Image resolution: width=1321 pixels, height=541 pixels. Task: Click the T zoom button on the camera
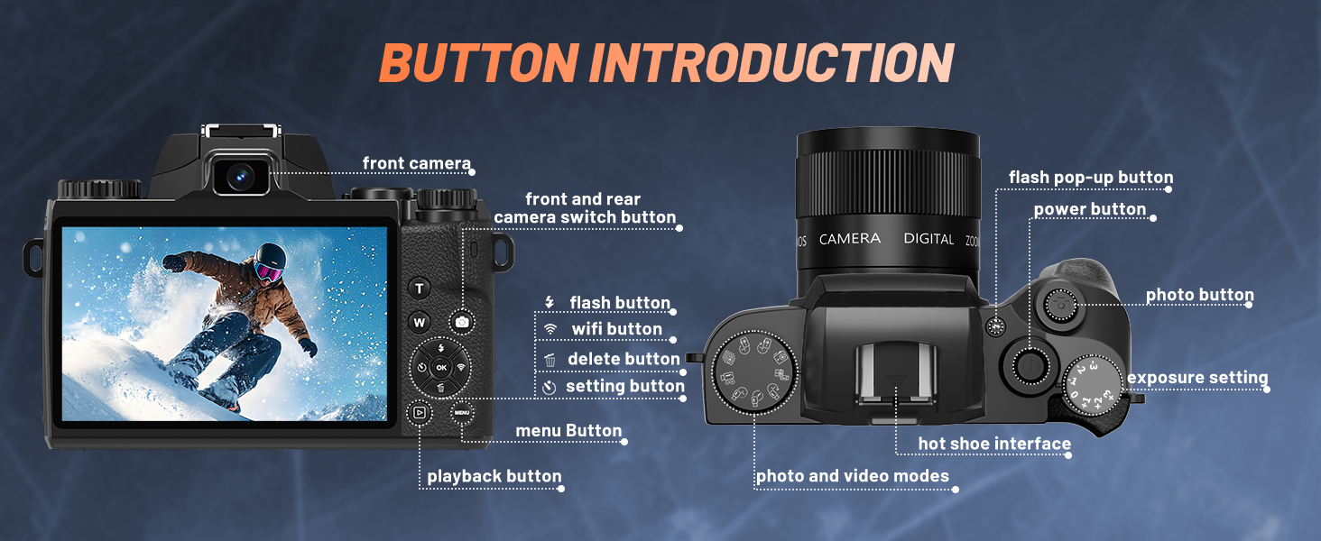pos(420,289)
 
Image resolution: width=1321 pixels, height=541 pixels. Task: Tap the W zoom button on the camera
pos(420,322)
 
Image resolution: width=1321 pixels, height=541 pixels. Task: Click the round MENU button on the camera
pos(462,413)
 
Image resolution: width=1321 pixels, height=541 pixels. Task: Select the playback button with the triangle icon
pos(419,413)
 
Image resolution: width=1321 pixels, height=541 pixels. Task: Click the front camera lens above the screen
pos(239,176)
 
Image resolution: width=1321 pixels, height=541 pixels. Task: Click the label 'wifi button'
pos(616,329)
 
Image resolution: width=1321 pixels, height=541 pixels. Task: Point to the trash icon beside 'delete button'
pos(550,360)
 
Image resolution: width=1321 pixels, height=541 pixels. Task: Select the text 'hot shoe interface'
pos(994,444)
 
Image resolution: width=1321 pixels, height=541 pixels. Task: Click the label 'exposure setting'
pos(1197,378)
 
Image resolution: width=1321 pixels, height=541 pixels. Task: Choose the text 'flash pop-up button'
pos(1091,178)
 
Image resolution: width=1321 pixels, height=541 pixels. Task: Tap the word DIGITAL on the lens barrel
pos(928,239)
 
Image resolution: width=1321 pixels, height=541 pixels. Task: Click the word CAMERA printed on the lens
pos(849,239)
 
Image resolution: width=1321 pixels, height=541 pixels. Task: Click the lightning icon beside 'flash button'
pos(549,302)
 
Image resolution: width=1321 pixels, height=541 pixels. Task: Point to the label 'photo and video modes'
pos(852,476)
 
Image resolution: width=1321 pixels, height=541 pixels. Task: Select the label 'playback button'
pos(494,476)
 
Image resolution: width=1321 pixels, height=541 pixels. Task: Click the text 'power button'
pos(1090,210)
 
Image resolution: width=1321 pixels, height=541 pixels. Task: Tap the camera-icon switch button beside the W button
pos(462,322)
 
